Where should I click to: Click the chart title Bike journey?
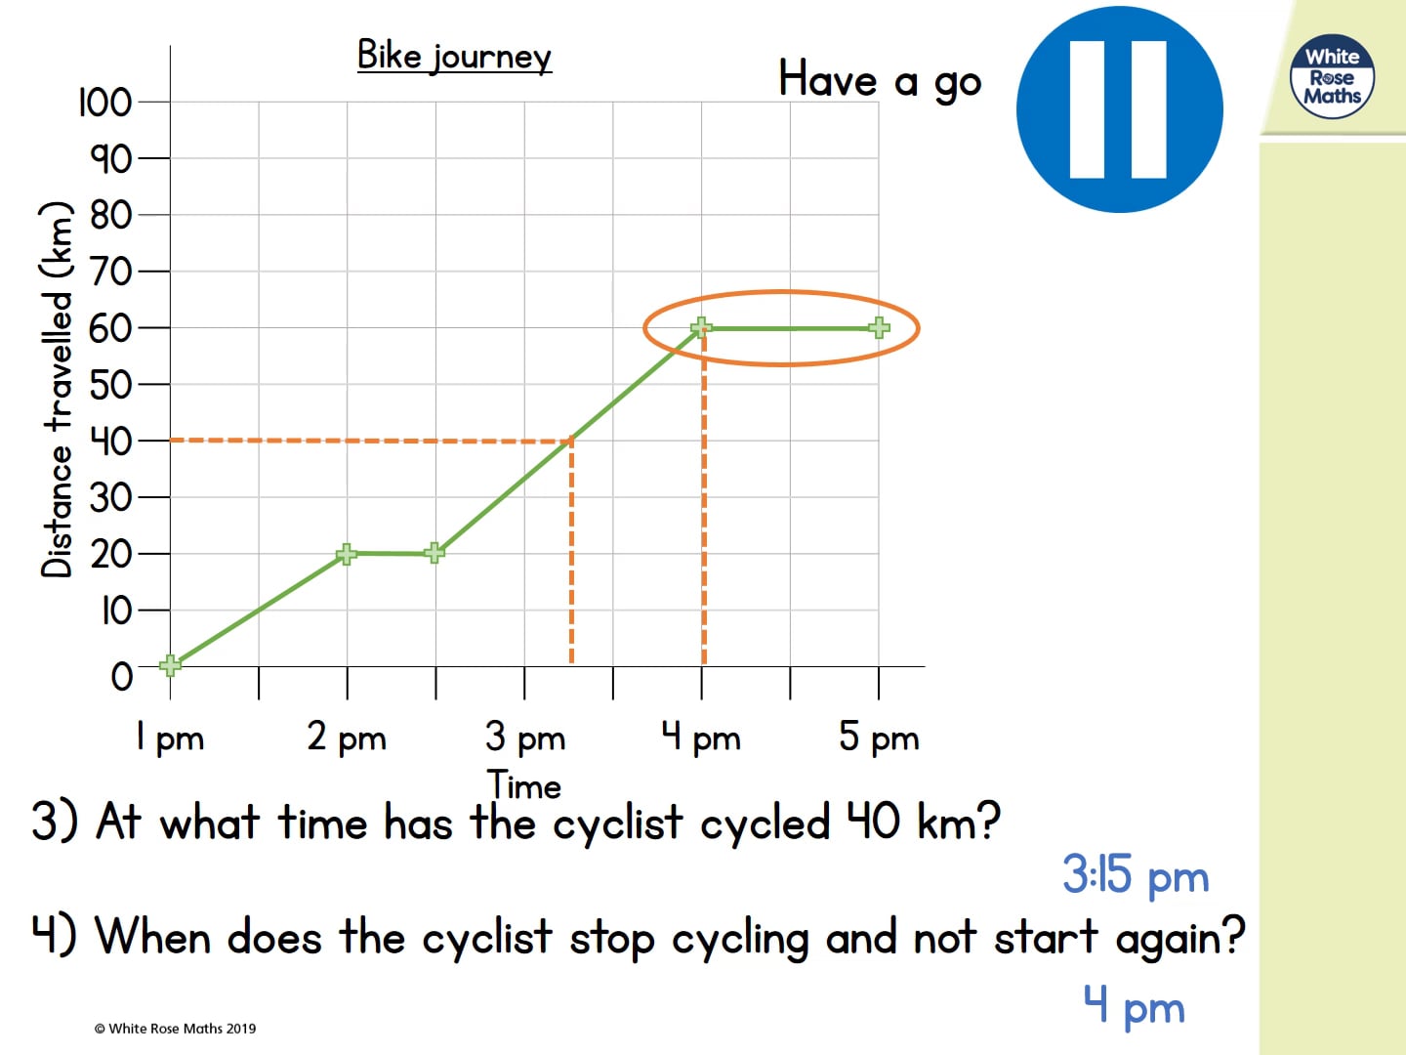pyautogui.click(x=454, y=57)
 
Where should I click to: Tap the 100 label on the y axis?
pyautogui.click(x=104, y=102)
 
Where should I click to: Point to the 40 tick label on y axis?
pyautogui.click(x=110, y=442)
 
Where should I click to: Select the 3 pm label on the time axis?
pyautogui.click(x=524, y=738)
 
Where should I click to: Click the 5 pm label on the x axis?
pyautogui.click(x=879, y=738)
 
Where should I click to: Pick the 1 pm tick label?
pyautogui.click(x=170, y=738)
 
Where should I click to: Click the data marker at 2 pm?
pyautogui.click(x=347, y=554)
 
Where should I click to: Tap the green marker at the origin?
pyautogui.click(x=170, y=665)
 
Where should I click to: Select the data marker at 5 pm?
pyautogui.click(x=879, y=327)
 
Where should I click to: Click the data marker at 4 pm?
pyautogui.click(x=701, y=327)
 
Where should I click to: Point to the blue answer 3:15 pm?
pyautogui.click(x=1136, y=874)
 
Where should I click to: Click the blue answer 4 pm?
pyautogui.click(x=1134, y=1005)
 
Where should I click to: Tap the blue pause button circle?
pyautogui.click(x=1119, y=109)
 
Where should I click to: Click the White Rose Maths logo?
pyautogui.click(x=1332, y=77)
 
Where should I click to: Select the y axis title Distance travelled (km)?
pyautogui.click(x=58, y=389)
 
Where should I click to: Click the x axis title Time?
pyautogui.click(x=524, y=785)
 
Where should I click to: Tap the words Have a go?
pyautogui.click(x=879, y=80)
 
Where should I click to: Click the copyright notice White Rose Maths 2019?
pyautogui.click(x=176, y=1028)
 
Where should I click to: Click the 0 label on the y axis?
pyautogui.click(x=121, y=676)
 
